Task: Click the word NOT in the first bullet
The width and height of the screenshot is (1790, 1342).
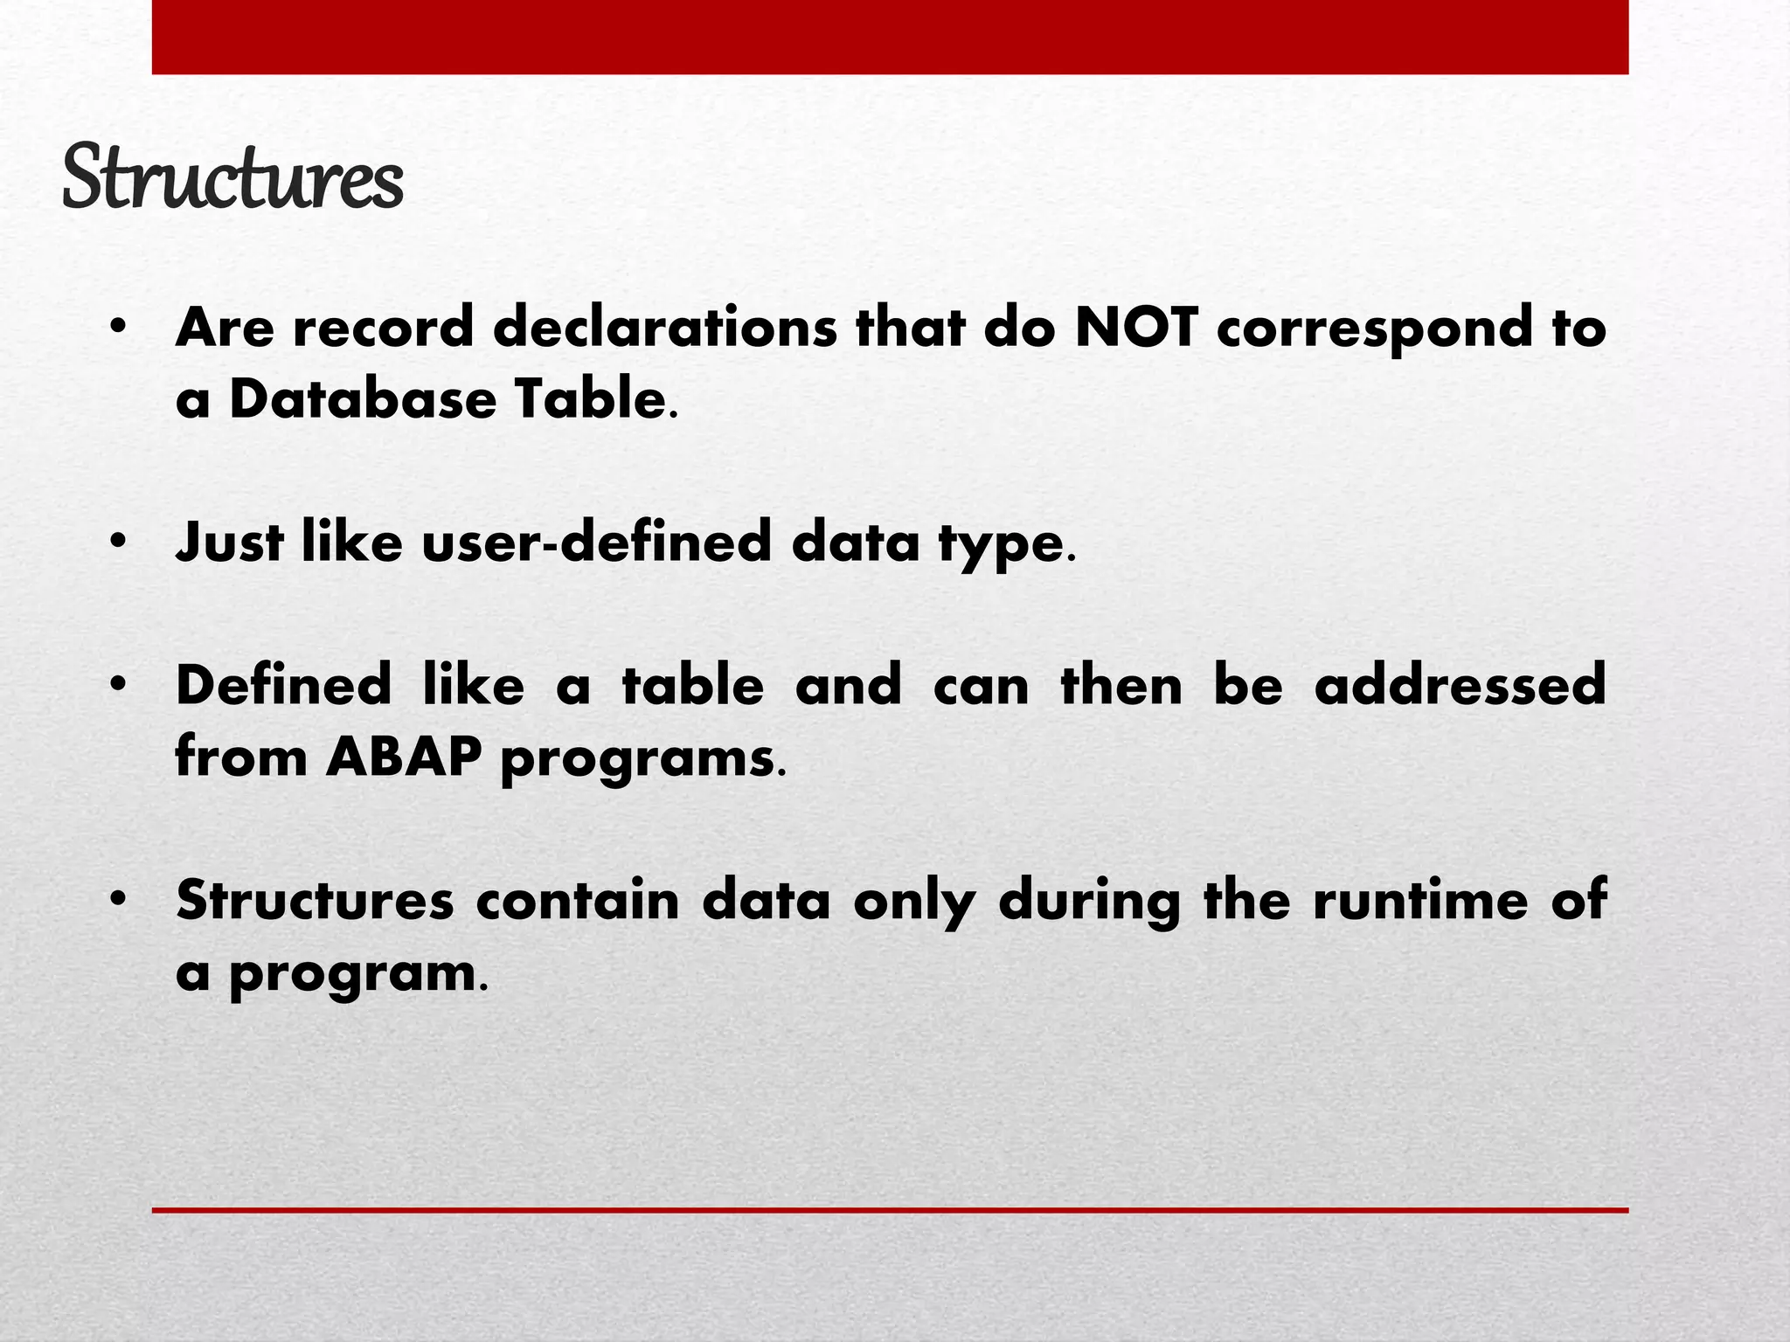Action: point(1134,328)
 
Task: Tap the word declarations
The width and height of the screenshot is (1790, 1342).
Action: point(664,328)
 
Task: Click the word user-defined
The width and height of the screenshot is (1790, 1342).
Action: point(597,542)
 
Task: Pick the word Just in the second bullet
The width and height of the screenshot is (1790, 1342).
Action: point(230,542)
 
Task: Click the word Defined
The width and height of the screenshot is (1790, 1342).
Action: point(283,685)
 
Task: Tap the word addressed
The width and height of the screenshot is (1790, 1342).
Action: point(1460,685)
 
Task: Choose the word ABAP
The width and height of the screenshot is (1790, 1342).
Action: point(403,757)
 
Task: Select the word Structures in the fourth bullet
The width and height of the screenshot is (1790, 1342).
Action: point(315,900)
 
